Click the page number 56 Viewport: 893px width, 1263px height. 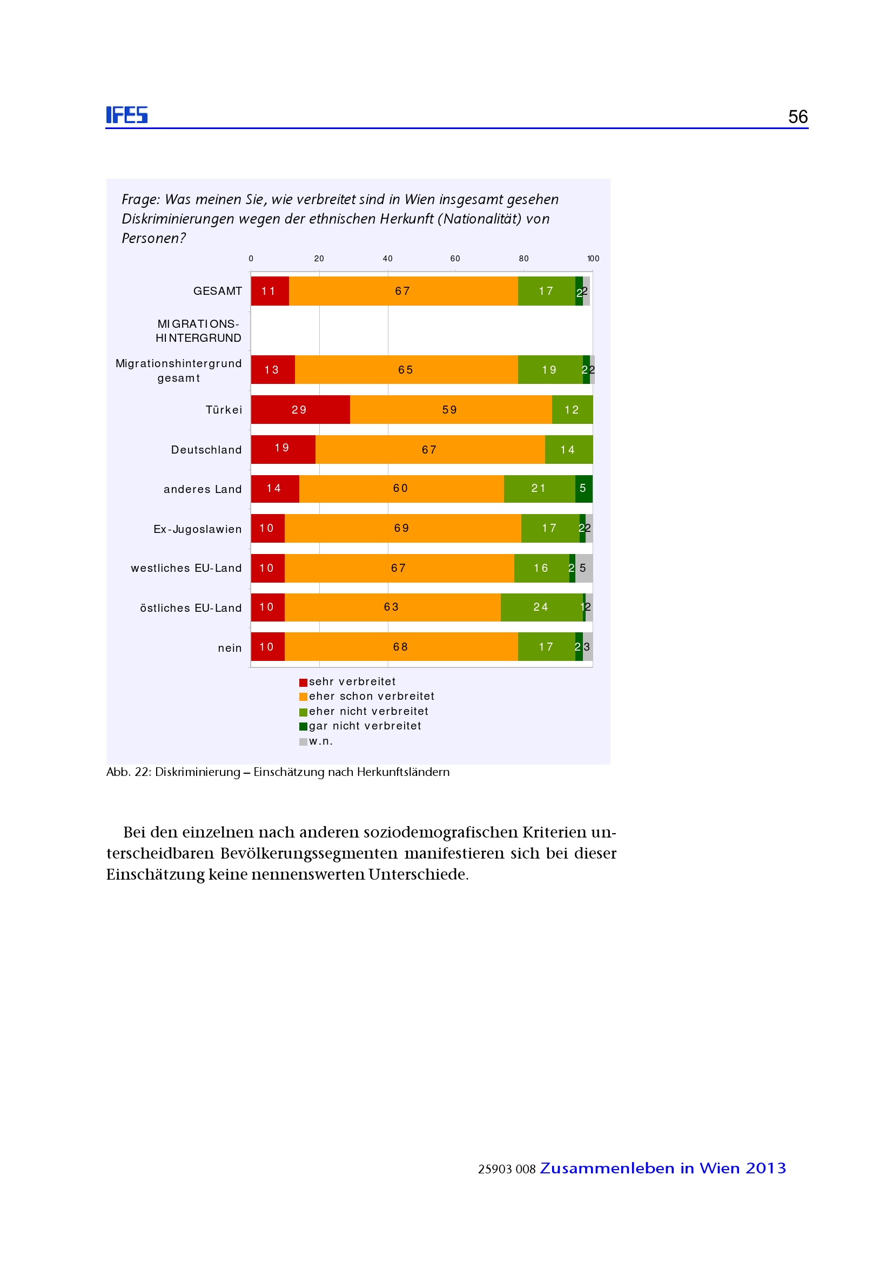pos(797,117)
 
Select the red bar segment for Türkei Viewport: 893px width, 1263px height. pos(300,409)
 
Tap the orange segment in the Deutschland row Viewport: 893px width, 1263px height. pos(429,449)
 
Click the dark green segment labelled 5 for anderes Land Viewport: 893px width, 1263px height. pos(583,489)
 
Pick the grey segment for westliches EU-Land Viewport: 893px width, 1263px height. pos(584,568)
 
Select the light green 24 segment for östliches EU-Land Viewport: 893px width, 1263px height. pos(541,607)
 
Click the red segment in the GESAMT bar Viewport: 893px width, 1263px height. pos(270,291)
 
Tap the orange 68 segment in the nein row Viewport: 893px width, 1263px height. pos(400,646)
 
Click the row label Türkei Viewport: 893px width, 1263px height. pos(224,410)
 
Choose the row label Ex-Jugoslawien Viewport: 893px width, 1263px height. pos(198,529)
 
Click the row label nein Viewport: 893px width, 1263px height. pos(230,648)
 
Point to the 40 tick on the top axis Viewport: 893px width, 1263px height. pos(387,259)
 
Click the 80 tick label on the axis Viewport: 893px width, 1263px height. pos(523,259)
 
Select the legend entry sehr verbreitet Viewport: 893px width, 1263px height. pos(352,681)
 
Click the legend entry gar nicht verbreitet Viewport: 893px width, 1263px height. pos(364,726)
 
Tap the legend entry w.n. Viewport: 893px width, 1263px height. pos(320,741)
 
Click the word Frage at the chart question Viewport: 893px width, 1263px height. pos(140,199)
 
